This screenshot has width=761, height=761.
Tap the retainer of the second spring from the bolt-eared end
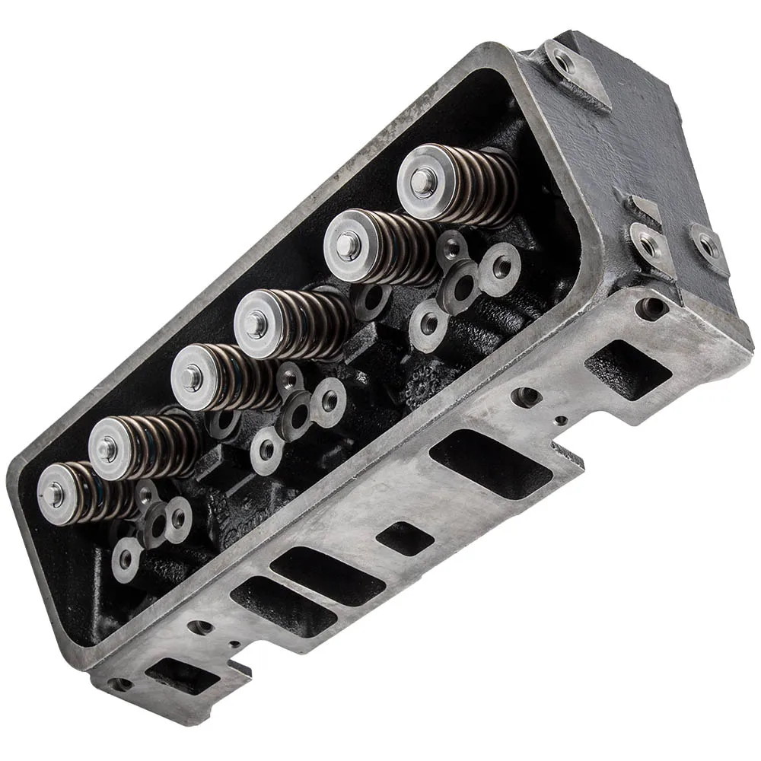(x=349, y=245)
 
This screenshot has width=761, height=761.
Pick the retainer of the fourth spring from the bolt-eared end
(x=191, y=377)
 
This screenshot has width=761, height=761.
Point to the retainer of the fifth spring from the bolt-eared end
(x=108, y=449)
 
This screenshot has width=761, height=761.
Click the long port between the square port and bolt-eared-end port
(x=490, y=464)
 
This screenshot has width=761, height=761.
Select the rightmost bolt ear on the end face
(x=708, y=245)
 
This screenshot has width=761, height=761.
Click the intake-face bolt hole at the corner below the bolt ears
(x=651, y=307)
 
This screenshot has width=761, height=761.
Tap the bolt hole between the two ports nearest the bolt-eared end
(x=525, y=396)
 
